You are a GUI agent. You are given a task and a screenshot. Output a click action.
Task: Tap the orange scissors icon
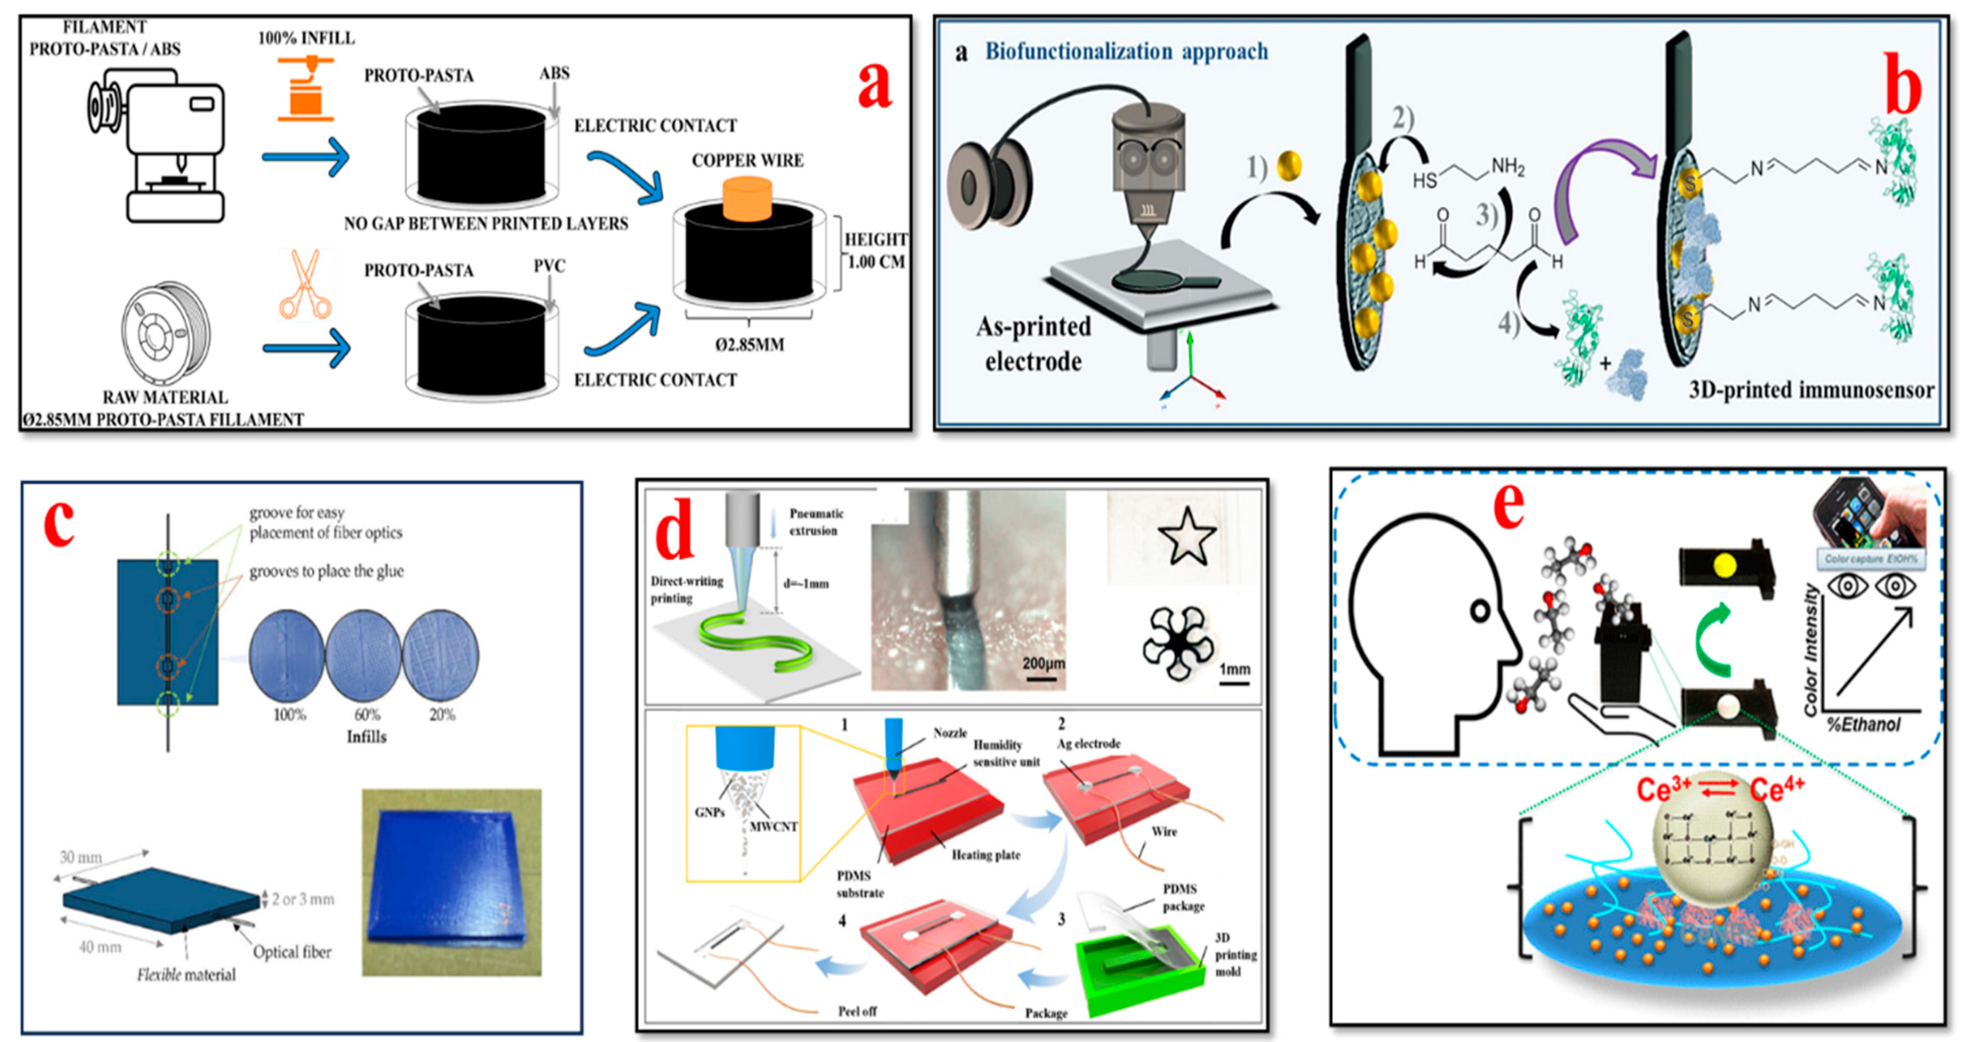[305, 284]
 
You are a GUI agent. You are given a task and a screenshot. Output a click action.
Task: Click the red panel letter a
[874, 84]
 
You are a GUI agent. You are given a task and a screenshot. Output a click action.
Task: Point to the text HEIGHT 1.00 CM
[875, 250]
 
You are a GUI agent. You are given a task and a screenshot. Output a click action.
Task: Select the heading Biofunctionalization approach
[1126, 51]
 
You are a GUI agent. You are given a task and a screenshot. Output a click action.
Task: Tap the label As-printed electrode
[1033, 344]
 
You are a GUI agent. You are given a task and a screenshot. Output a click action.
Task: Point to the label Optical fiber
[292, 952]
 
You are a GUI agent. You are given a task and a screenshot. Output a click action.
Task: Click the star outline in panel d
[1187, 537]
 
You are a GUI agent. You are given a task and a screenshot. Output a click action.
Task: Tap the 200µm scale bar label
[1042, 664]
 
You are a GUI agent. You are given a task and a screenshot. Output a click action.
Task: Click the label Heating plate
[985, 855]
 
